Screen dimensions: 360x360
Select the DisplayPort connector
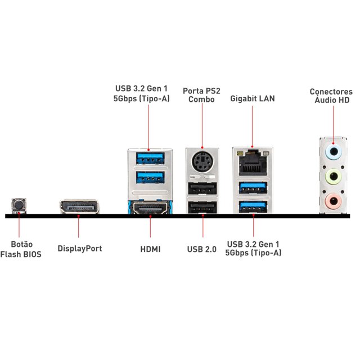(x=78, y=208)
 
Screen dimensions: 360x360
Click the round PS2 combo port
(x=202, y=163)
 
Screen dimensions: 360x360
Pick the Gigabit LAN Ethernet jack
(x=253, y=163)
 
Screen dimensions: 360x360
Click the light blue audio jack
(x=334, y=151)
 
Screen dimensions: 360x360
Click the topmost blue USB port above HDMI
(x=149, y=157)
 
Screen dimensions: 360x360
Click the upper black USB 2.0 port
(x=202, y=188)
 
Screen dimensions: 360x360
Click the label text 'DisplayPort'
(x=80, y=248)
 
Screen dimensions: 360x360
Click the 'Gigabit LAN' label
(x=253, y=98)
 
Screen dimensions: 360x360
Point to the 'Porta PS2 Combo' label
(x=201, y=94)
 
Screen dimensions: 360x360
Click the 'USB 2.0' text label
(x=202, y=248)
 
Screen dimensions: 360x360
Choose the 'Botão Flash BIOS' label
(x=21, y=249)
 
